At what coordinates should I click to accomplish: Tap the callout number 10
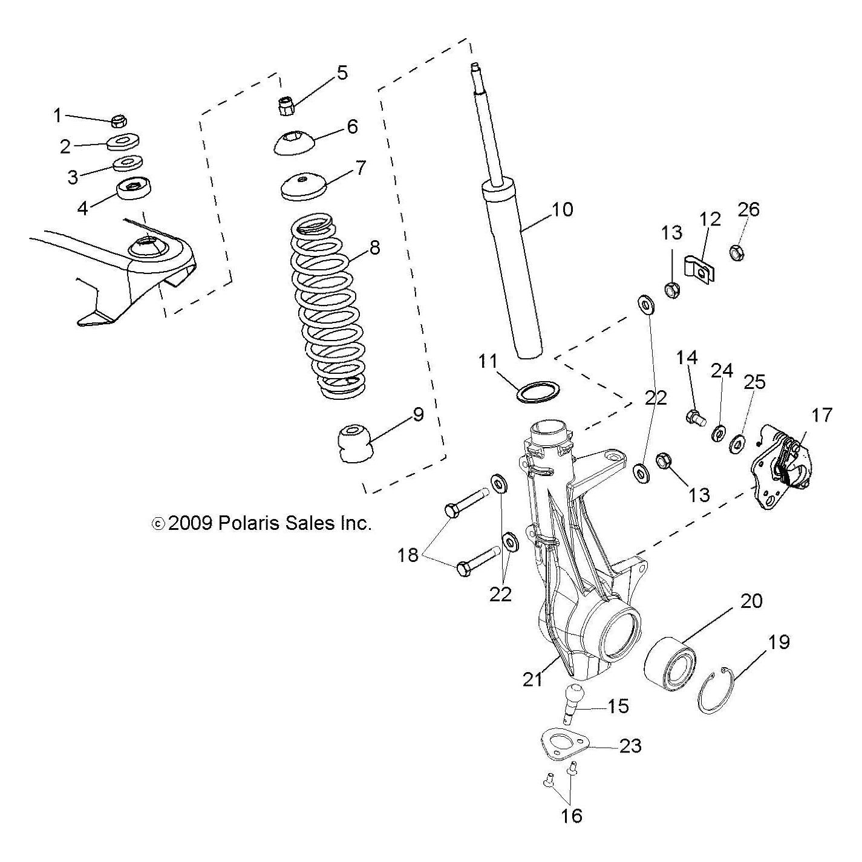(563, 209)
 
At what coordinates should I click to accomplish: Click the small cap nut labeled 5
(284, 106)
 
